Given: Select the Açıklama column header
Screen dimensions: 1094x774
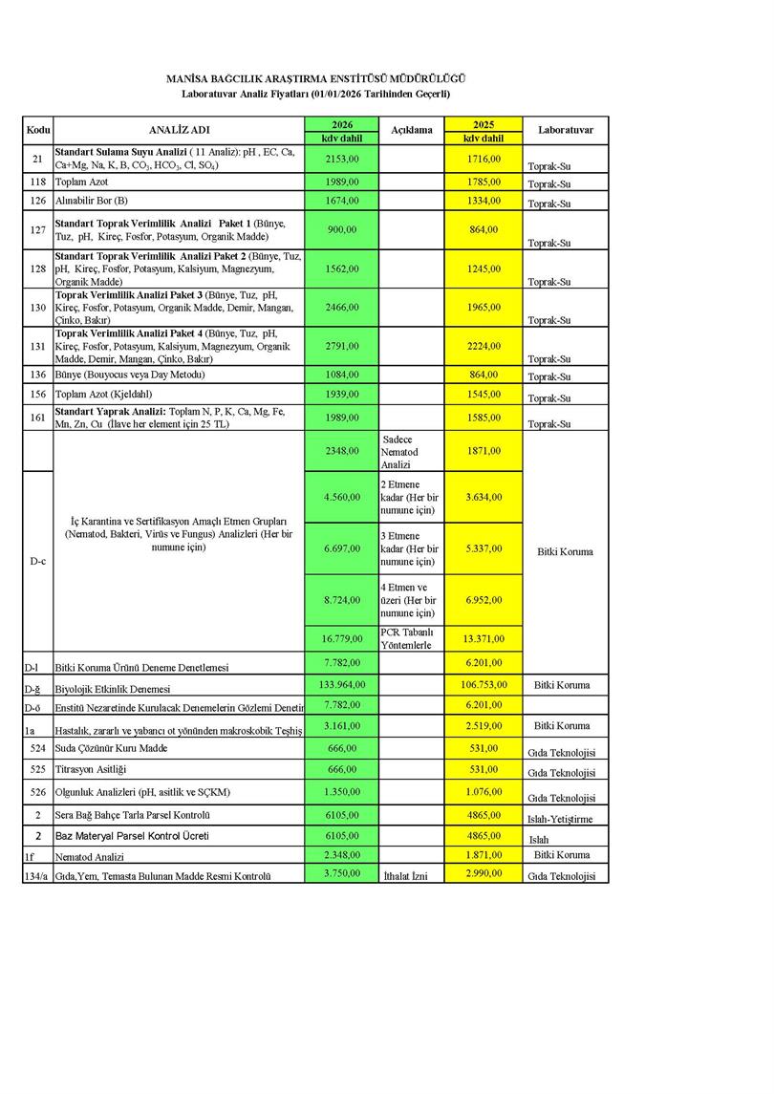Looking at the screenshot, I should tap(411, 130).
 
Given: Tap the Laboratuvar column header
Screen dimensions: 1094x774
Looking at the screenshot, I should tap(566, 130).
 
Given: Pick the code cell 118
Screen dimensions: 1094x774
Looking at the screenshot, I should tap(38, 182).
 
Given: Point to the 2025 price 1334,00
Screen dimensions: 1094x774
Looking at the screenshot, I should tap(483, 201).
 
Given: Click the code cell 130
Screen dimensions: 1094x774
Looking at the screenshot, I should tap(38, 307).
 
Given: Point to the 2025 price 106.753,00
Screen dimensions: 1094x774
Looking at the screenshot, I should tap(483, 684).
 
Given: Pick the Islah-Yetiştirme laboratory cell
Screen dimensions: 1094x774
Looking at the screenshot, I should tap(560, 819).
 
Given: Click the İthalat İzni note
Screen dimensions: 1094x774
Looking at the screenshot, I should tap(408, 875).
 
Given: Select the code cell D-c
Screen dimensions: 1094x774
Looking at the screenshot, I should tap(38, 561).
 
